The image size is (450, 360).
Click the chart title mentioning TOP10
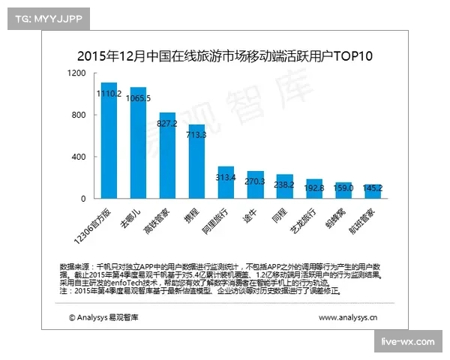click(x=225, y=56)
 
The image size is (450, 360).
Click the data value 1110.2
click(x=109, y=94)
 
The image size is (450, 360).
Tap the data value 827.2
click(x=167, y=121)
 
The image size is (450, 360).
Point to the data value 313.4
click(x=226, y=177)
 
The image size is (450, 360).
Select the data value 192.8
click(x=313, y=187)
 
